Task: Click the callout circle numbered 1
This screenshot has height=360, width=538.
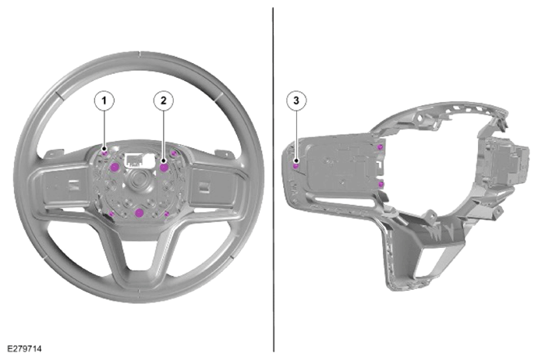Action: tap(104, 101)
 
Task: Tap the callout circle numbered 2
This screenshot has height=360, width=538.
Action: tap(163, 101)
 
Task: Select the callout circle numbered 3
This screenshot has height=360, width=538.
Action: tap(296, 101)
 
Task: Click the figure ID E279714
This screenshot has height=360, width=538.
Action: tap(24, 348)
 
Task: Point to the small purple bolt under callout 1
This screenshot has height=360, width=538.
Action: tap(104, 153)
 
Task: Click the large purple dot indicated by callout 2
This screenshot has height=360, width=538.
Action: tap(164, 168)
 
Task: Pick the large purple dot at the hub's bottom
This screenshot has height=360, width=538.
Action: tap(139, 213)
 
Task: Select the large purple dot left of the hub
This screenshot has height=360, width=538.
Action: tap(114, 167)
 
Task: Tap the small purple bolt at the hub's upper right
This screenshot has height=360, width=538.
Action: tap(174, 153)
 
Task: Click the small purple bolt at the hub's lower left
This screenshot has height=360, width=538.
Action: tap(111, 214)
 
